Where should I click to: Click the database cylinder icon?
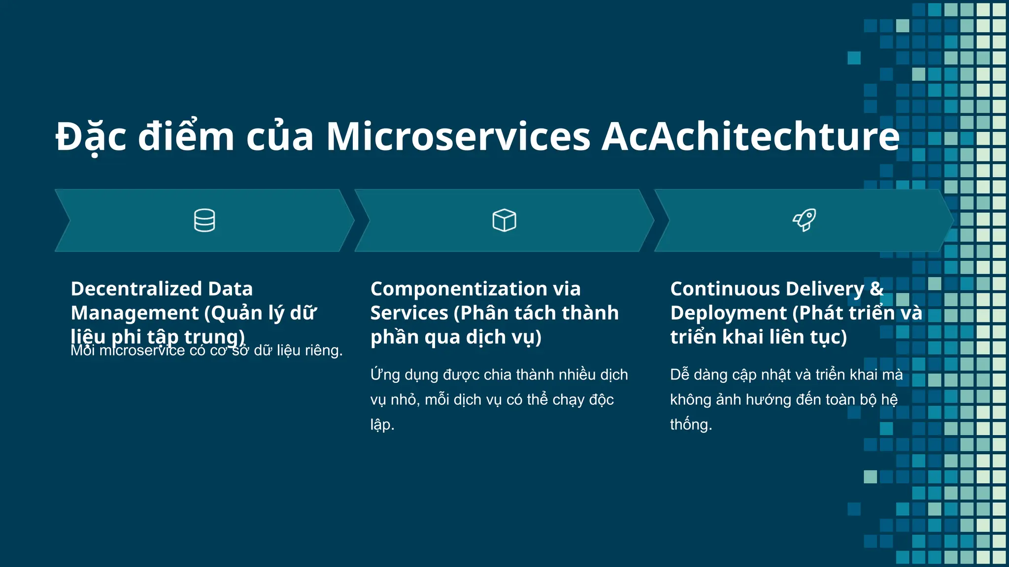[x=204, y=220]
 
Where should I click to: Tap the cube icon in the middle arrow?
[x=504, y=220]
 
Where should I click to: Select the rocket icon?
[x=804, y=220]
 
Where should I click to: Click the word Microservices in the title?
[x=458, y=136]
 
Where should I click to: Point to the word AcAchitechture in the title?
[x=750, y=136]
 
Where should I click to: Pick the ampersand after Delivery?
[x=877, y=289]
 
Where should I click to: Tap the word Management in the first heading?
[x=135, y=313]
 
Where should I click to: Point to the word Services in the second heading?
[x=409, y=313]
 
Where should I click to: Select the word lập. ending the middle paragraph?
[x=382, y=425]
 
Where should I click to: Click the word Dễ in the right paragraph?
[x=679, y=375]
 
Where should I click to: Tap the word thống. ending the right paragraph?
[x=691, y=425]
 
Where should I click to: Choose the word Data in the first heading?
[x=230, y=289]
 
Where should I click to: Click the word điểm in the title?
[x=186, y=136]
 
